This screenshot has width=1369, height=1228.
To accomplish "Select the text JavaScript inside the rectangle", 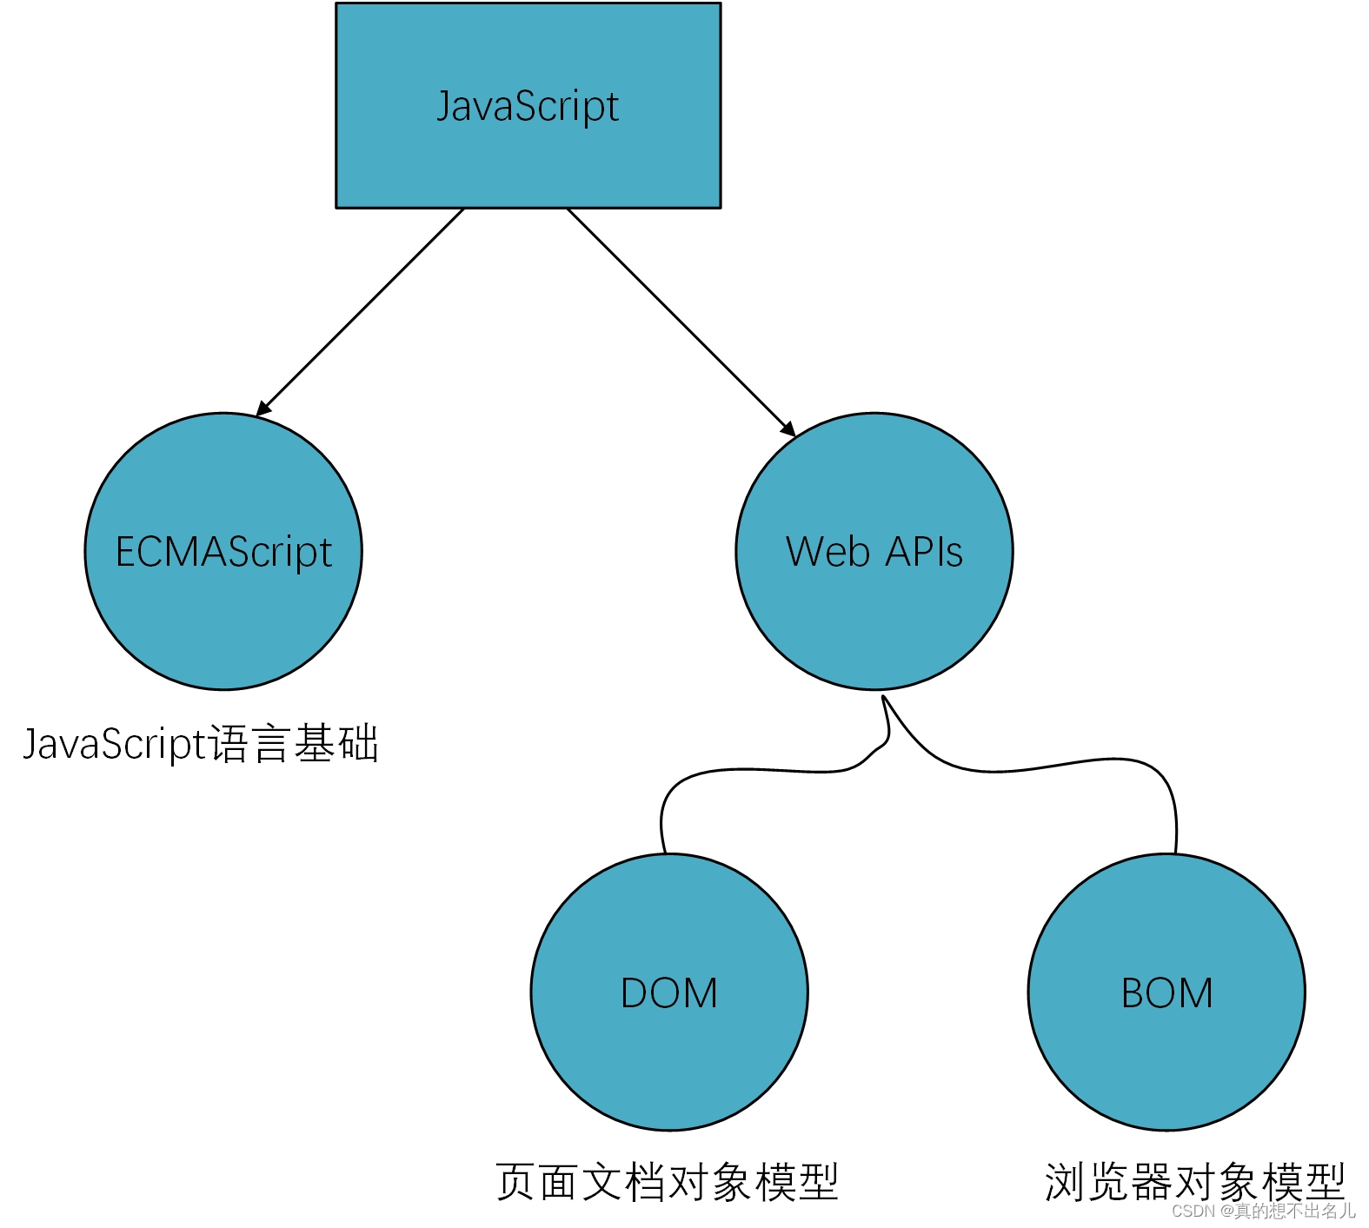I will (528, 106).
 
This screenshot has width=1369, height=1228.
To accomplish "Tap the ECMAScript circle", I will (223, 608).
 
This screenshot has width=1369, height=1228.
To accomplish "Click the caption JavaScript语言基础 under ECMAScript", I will (200, 745).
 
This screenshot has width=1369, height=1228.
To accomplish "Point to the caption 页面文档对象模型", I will (667, 1183).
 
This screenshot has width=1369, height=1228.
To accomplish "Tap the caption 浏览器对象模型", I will (1194, 1181).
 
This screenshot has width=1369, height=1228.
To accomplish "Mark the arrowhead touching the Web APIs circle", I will (788, 428).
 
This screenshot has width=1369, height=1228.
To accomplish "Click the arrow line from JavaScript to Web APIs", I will (678, 319).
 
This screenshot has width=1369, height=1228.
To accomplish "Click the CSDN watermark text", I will (1263, 1211).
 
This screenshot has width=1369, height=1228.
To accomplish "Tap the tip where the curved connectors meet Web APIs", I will (883, 697).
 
